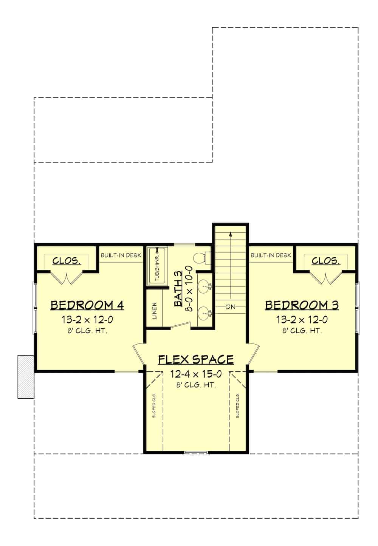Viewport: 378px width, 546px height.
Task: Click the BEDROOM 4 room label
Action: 87,305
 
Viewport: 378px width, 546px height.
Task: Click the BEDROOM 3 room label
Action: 302,305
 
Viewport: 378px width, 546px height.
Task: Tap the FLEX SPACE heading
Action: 196,359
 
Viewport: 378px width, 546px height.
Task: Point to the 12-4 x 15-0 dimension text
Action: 195,374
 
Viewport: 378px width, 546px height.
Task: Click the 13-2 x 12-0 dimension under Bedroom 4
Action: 87,320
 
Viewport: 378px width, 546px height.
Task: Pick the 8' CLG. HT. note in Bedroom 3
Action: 302,331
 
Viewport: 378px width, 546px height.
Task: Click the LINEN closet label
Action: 155,311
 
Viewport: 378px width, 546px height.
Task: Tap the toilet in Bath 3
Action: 199,258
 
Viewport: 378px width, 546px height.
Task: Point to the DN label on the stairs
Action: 230,307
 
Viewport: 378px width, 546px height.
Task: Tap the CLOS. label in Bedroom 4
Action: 66,260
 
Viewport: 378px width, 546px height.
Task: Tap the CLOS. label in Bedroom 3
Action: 325,260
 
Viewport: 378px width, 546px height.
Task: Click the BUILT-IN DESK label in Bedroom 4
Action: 121,255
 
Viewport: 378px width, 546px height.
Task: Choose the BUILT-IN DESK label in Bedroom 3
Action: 271,255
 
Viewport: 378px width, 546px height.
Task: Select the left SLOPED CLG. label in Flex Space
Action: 154,406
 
